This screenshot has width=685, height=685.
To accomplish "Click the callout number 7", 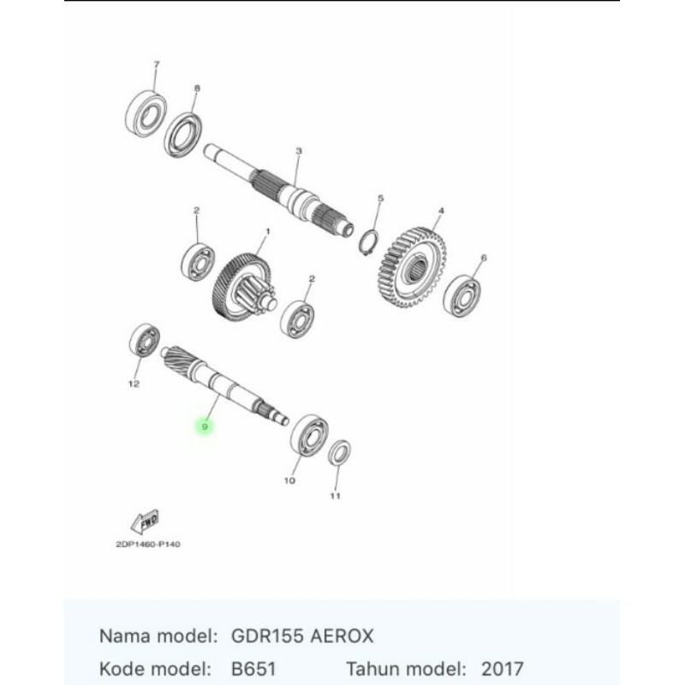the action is (157, 65).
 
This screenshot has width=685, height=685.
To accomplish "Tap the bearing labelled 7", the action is (146, 115).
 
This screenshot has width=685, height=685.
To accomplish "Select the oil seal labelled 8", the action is (183, 134).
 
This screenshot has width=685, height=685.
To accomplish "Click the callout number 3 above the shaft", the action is (299, 152).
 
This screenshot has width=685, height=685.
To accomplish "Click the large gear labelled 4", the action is (412, 267).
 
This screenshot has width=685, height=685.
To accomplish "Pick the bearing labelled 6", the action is (462, 295).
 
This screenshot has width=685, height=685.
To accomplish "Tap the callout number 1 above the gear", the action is (268, 230).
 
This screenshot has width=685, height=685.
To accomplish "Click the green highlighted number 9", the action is (205, 426).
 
